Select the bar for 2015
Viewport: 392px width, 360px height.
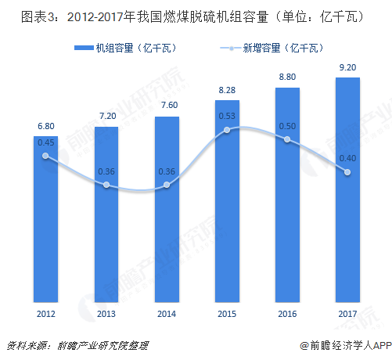[227, 203]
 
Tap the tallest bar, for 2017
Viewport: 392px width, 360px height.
[347, 188]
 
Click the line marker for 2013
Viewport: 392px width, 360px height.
[106, 185]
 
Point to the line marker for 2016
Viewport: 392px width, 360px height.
[287, 139]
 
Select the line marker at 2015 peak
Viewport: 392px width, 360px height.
[227, 130]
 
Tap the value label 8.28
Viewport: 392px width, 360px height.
[227, 92]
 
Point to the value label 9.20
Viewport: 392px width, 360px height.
[347, 68]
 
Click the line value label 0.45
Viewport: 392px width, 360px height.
[45, 142]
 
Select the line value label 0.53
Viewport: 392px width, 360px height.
[227, 117]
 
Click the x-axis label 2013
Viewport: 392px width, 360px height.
[106, 314]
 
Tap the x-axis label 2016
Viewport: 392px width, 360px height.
[287, 314]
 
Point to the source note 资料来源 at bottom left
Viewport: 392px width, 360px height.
[77, 345]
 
